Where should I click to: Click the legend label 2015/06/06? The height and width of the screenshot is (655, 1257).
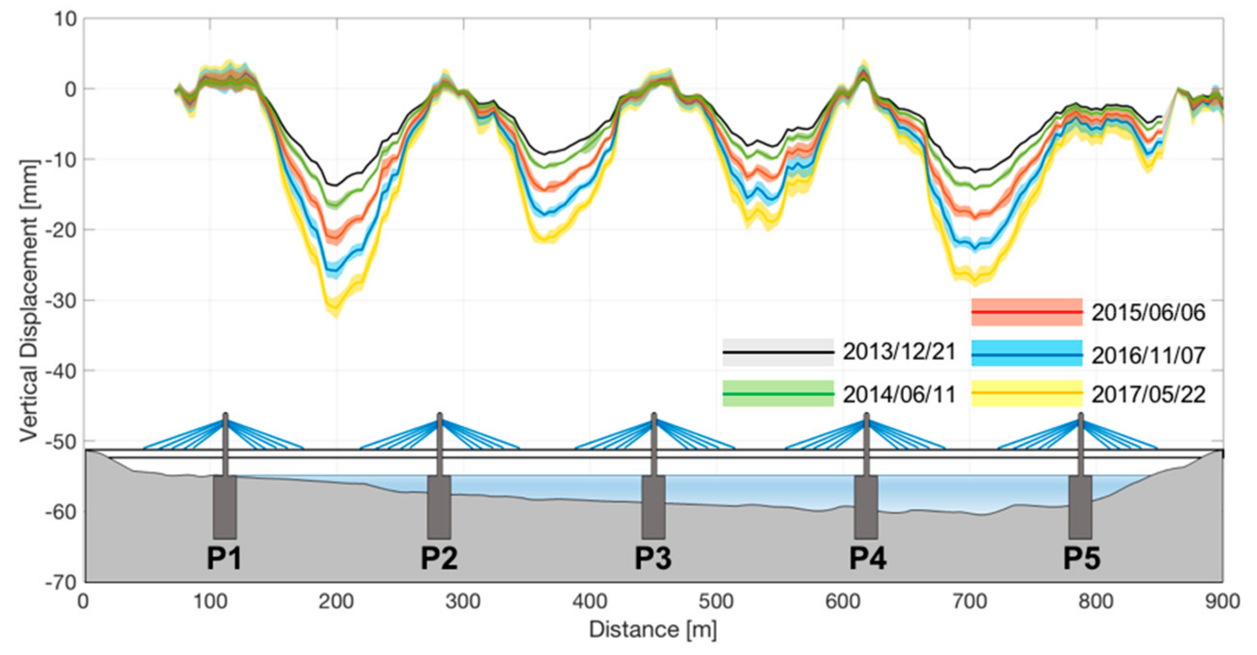click(1148, 313)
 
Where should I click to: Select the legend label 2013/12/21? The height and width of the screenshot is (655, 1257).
click(899, 352)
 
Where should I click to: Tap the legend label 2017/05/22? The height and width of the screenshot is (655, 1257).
click(1148, 395)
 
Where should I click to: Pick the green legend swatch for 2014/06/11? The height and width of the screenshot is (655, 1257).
click(778, 394)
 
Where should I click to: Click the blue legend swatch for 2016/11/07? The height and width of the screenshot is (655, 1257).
click(1026, 354)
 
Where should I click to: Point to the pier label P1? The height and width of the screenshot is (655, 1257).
click(224, 558)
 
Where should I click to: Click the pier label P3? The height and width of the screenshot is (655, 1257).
click(653, 558)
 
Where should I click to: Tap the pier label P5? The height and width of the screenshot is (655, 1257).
click(1081, 558)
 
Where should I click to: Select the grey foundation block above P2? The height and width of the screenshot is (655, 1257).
click(439, 507)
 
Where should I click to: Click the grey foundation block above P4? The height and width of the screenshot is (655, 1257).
click(866, 507)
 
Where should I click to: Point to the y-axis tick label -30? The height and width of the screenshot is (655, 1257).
click(61, 301)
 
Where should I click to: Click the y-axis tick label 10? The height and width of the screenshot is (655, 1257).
click(65, 20)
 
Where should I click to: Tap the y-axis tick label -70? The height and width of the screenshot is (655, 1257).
click(61, 582)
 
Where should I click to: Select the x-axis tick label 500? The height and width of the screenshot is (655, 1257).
click(716, 601)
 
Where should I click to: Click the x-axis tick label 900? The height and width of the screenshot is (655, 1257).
click(1222, 601)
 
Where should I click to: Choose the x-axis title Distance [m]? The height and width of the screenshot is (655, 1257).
click(652, 630)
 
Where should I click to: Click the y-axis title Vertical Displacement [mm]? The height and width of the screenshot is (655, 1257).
click(29, 301)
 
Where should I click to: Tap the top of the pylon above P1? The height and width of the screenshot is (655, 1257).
click(225, 415)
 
